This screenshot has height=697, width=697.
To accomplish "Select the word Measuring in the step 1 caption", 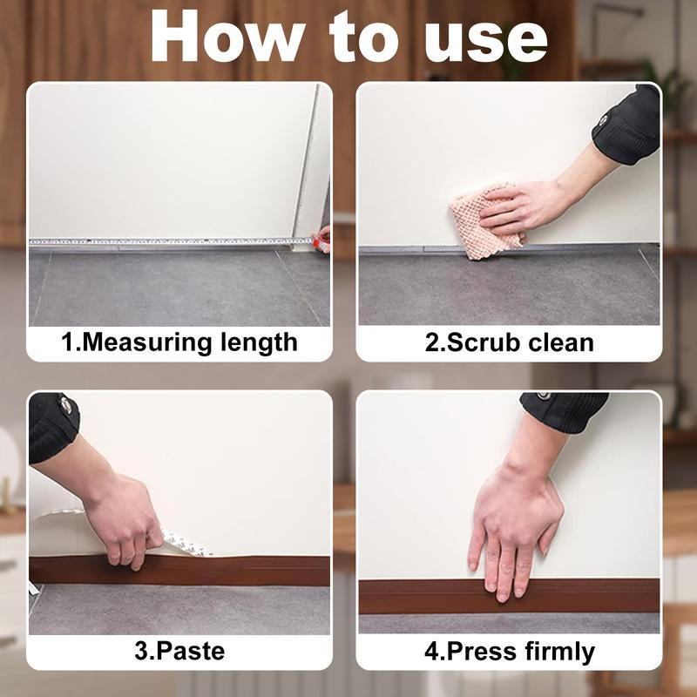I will tap(147, 342).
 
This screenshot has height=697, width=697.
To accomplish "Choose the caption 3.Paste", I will tap(179, 651).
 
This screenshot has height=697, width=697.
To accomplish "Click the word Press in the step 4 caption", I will tap(470, 651).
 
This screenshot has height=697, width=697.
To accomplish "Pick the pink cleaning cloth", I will tap(485, 225).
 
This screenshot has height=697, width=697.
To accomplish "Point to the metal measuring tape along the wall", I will tap(166, 241).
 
